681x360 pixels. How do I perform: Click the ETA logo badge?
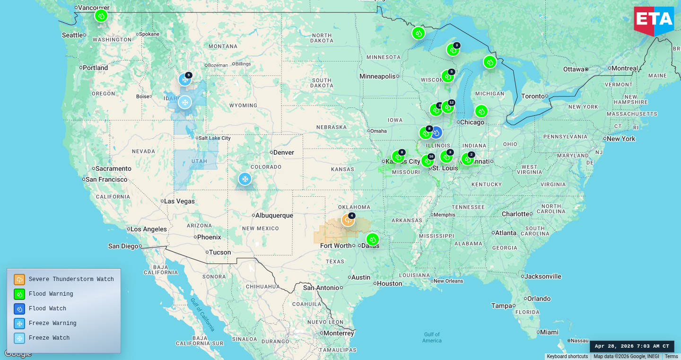[654, 20]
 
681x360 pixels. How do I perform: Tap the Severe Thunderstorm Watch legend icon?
[19, 279]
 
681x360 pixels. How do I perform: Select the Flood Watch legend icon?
[19, 308]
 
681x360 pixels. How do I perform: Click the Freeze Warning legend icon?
[19, 323]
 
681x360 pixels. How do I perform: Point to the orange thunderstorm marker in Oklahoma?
[348, 220]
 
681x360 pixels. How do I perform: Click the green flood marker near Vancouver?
[101, 16]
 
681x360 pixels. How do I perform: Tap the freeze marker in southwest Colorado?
[244, 179]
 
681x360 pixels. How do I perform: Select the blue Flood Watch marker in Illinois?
[437, 132]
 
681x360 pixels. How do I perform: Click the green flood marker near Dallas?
[373, 239]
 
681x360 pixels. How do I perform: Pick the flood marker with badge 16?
[427, 161]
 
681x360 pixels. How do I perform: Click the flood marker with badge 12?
[447, 107]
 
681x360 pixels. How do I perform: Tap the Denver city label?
[284, 152]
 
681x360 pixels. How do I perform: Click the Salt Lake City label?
[215, 138]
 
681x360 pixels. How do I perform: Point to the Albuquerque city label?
[274, 215]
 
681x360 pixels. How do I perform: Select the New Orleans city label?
[448, 281]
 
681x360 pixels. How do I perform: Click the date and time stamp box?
[632, 346]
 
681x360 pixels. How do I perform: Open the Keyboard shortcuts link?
[567, 357]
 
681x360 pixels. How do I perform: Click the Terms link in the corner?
[671, 357]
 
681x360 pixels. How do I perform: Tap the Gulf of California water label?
[202, 314]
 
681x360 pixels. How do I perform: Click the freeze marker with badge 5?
[184, 79]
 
